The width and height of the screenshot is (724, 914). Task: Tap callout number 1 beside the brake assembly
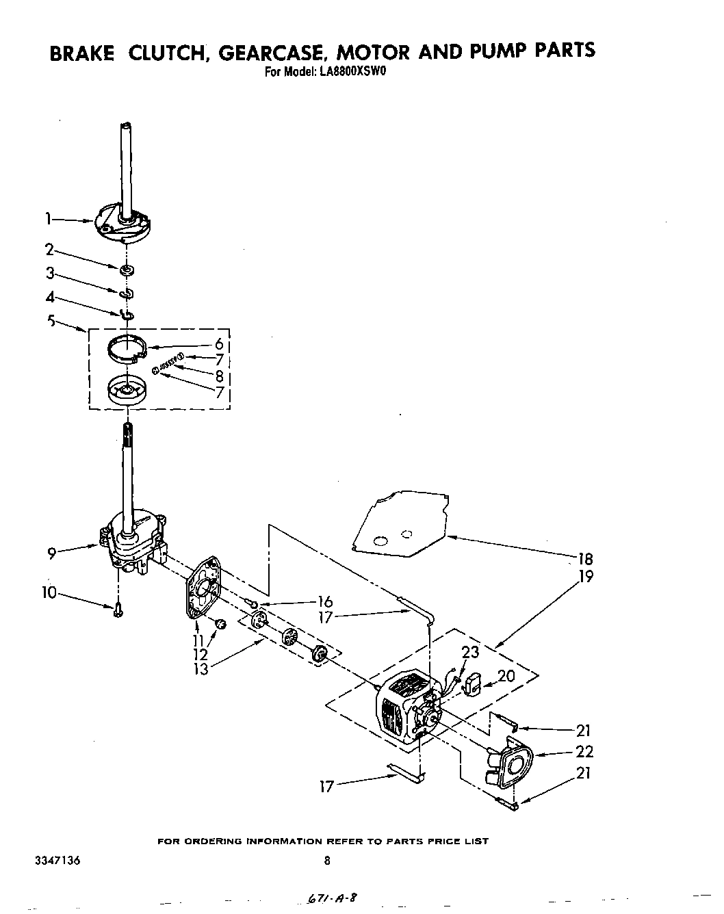point(48,219)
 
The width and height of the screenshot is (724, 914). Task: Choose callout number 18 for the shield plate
point(584,558)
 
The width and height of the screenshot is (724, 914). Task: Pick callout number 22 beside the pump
point(584,752)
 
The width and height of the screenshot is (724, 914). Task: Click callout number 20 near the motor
point(506,676)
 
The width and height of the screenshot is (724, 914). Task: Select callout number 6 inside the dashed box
point(219,345)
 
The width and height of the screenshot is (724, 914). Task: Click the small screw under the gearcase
point(118,609)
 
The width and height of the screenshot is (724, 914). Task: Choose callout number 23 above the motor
point(470,653)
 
